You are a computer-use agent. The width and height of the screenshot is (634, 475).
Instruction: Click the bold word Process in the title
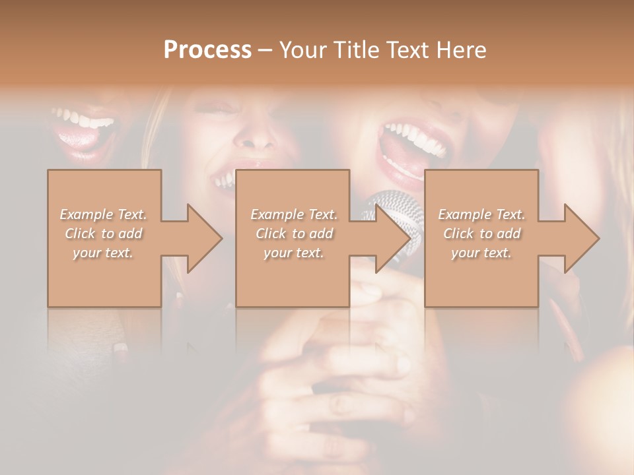point(207,50)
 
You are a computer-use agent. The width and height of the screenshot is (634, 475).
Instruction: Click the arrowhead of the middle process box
point(392,238)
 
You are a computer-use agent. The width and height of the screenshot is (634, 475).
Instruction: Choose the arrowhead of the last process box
point(581,238)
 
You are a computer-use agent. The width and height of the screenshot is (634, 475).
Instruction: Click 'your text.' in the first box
point(103,253)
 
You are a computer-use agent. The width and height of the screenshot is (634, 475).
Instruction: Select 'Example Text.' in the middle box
point(293,214)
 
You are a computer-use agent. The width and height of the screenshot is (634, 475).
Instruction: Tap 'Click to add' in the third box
point(481,234)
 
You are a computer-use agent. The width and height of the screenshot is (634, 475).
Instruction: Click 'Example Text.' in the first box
point(103,214)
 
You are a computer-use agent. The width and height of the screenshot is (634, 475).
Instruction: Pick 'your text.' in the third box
point(481,253)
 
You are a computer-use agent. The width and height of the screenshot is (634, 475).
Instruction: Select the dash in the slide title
point(265,51)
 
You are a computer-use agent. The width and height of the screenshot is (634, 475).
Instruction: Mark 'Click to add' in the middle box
point(293,234)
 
